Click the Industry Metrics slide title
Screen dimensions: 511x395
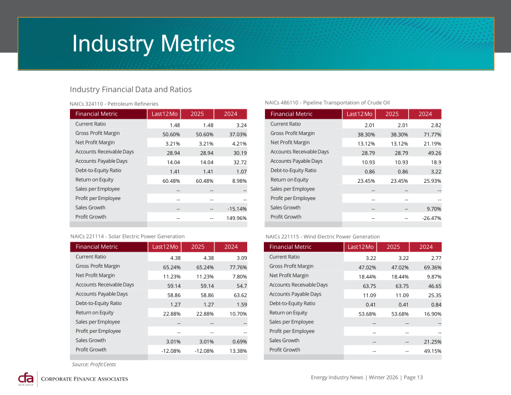pyautogui.click(x=153, y=44)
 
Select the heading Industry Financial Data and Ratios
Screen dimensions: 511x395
pyautogui.click(x=131, y=89)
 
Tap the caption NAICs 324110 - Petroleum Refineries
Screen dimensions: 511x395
pyautogui.click(x=114, y=104)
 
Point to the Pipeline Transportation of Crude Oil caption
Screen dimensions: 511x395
pyautogui.click(x=347, y=103)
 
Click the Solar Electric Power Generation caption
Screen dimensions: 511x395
pyautogui.click(x=147, y=236)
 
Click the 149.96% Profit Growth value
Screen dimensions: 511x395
pyautogui.click(x=237, y=218)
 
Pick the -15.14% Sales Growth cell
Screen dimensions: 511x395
pyautogui.click(x=237, y=209)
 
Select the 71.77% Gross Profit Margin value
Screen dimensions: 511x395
pyautogui.click(x=433, y=134)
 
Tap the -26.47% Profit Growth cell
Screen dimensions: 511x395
pyautogui.click(x=432, y=218)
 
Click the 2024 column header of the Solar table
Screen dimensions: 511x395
pyautogui.click(x=231, y=247)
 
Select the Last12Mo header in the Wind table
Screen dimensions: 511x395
pyautogui.click(x=360, y=247)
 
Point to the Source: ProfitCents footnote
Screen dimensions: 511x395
pyautogui.click(x=94, y=364)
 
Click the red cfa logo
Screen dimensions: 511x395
pyautogui.click(x=26, y=379)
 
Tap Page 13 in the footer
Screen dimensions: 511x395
pyautogui.click(x=413, y=377)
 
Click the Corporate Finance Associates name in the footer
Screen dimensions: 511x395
pyautogui.click(x=84, y=379)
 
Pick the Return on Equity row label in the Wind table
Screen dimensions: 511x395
pyautogui.click(x=288, y=313)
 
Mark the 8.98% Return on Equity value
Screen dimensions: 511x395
pyautogui.click(x=239, y=181)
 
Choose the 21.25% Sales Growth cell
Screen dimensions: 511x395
pyautogui.click(x=433, y=342)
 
